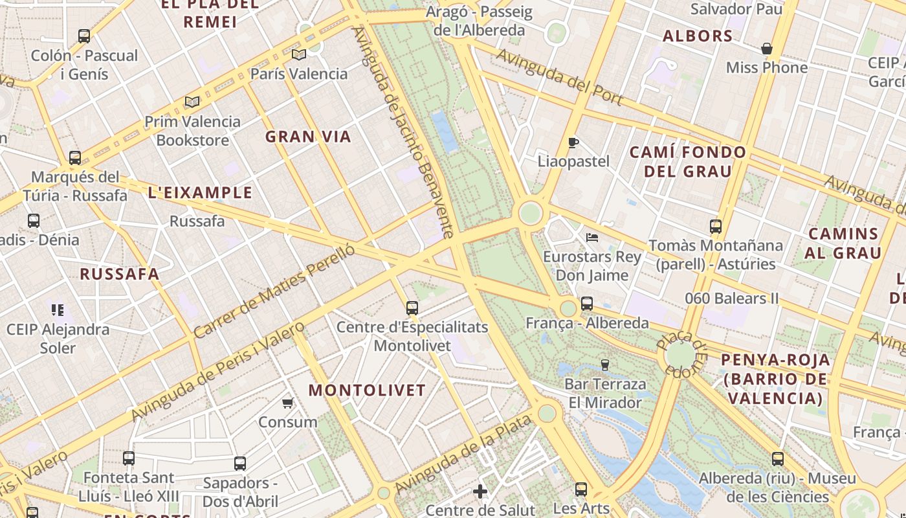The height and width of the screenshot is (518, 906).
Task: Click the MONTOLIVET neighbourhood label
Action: pyautogui.click(x=367, y=390)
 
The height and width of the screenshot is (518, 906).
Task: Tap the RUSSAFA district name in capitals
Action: pyautogui.click(x=119, y=274)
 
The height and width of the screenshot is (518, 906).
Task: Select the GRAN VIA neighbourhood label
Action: pyautogui.click(x=308, y=137)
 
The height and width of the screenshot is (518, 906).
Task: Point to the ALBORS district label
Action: pyautogui.click(x=698, y=36)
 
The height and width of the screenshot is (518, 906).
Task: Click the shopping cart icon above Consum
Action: pyautogui.click(x=288, y=403)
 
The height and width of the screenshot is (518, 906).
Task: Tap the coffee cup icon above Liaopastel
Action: pyautogui.click(x=573, y=142)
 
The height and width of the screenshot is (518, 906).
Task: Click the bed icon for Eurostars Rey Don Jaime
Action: pyautogui.click(x=591, y=238)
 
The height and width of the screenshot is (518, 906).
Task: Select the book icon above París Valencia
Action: pyautogui.click(x=298, y=54)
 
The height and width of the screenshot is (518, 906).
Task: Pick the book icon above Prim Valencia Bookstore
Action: pyautogui.click(x=192, y=102)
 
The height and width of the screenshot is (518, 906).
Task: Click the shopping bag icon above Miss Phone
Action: pyautogui.click(x=767, y=49)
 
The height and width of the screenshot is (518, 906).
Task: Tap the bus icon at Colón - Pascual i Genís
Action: pyautogui.click(x=84, y=36)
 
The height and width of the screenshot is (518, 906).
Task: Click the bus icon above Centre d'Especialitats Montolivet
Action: pyautogui.click(x=412, y=308)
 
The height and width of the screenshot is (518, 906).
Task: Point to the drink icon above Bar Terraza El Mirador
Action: pyautogui.click(x=605, y=365)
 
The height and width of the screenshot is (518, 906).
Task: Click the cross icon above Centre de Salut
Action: pyautogui.click(x=480, y=491)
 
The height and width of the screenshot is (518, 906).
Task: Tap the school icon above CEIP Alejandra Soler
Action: pyautogui.click(x=58, y=310)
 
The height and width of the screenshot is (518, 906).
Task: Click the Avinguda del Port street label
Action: pyautogui.click(x=560, y=77)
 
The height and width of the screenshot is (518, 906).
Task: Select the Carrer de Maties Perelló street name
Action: pyautogui.click(x=274, y=291)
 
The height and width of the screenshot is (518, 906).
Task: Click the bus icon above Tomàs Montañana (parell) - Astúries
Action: pyautogui.click(x=715, y=227)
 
